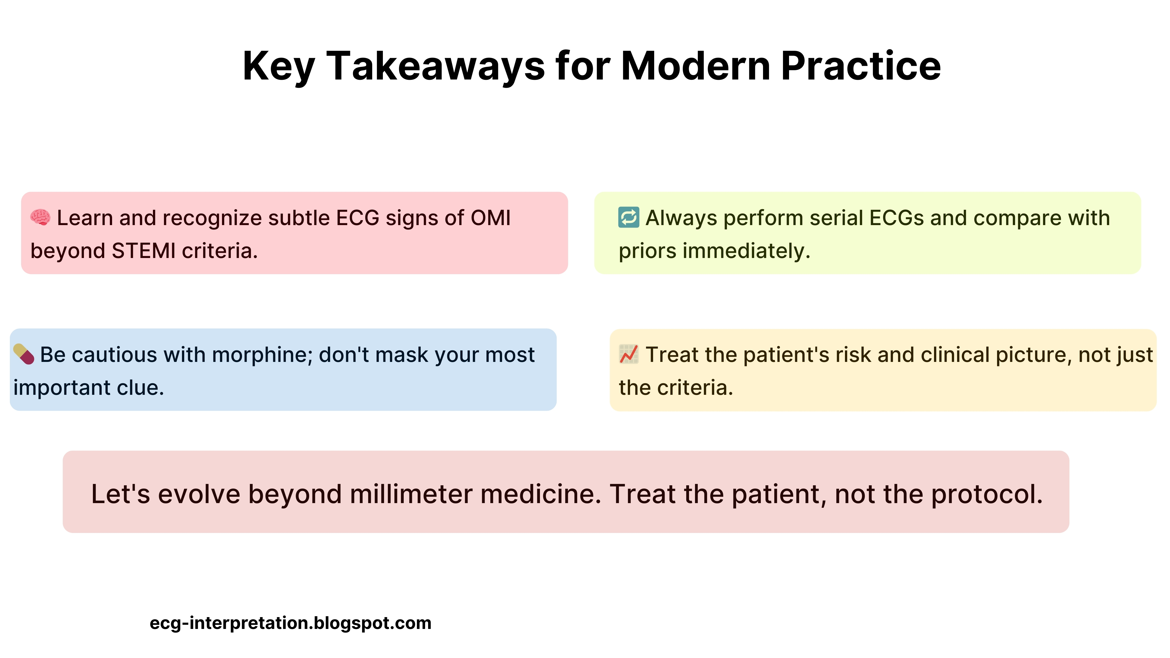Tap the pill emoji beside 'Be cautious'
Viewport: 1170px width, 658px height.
[24, 354]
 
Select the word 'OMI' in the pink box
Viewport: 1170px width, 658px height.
[491, 218]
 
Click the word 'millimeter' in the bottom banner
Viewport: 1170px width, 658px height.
[411, 494]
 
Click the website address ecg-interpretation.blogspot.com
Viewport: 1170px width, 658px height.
[290, 623]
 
